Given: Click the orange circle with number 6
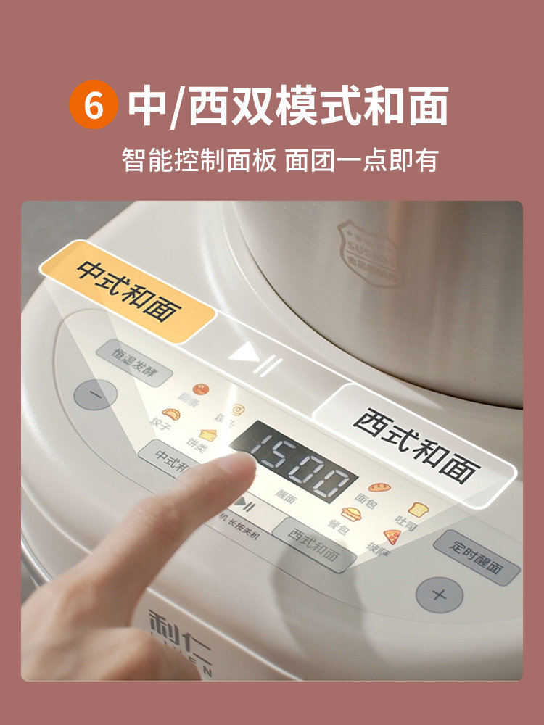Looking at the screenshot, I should coord(93,105).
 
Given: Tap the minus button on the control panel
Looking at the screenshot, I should coord(95,396).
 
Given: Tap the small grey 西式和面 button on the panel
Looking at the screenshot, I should coord(314,545).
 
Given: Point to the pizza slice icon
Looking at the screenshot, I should coord(392,536).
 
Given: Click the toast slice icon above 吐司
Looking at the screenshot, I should coord(416,510).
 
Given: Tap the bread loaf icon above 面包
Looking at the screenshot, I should coord(377,487).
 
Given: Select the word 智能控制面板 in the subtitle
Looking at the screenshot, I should coord(199,159).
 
